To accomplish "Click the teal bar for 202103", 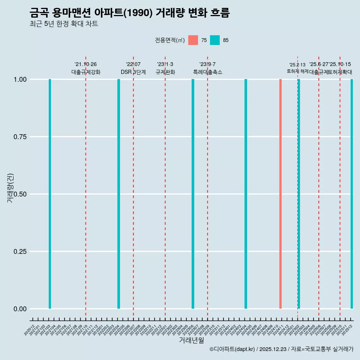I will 50,194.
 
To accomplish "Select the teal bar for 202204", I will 118,194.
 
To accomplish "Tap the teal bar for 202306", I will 193,194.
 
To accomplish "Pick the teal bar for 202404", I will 246,194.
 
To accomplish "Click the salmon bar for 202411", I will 280,194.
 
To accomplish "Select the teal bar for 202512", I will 352,194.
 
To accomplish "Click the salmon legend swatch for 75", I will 193,40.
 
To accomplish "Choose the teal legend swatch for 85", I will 215,40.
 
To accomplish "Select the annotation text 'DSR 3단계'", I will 133,72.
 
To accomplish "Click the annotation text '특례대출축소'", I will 207,72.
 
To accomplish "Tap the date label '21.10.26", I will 85,64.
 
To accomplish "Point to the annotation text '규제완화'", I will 165,72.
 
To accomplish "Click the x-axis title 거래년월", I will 191,340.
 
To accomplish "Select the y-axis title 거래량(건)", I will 10,188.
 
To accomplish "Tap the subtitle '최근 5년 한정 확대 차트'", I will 64,24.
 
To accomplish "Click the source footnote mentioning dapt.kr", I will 281,349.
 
